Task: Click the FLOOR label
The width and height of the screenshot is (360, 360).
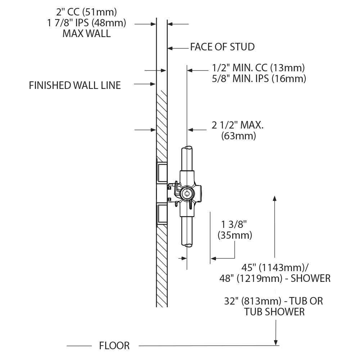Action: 114,346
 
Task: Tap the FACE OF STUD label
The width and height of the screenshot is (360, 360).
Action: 222,47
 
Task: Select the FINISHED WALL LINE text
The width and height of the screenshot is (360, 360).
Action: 75,85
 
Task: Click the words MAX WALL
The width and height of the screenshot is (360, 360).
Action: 86,34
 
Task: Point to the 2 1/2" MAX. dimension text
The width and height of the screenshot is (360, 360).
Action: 238,126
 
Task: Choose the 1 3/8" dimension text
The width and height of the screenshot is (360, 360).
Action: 234,225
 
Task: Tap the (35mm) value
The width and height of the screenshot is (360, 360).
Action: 235,235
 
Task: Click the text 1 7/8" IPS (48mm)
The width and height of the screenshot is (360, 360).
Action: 86,23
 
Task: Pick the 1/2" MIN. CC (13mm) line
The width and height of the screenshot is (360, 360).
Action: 258,68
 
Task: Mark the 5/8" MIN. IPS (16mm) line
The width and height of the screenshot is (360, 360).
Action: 259,78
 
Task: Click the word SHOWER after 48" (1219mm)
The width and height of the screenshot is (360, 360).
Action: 310,278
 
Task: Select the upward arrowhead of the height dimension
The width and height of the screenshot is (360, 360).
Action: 275,198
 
